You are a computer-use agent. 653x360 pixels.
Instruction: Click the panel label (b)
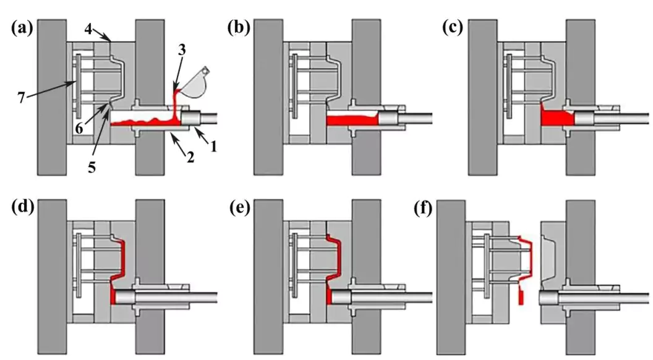coord(238,28)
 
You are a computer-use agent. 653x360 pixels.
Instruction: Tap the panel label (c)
coord(455,28)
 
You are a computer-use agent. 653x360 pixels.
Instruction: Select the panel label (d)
coord(22,207)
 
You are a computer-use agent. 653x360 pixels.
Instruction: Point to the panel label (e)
coord(238,207)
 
